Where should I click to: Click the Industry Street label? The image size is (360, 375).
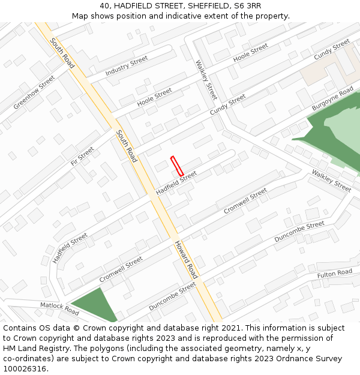[126, 66]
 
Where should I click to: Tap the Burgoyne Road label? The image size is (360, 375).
[332, 99]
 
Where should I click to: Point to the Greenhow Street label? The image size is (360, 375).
[34, 92]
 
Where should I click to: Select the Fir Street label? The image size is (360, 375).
[82, 155]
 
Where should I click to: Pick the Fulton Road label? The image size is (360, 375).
[334, 273]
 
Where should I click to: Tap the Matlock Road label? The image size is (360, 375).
[59, 308]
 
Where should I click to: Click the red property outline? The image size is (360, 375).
[176, 166]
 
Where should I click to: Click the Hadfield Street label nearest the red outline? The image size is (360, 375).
[176, 183]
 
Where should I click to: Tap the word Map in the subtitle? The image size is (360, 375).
[80, 16]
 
